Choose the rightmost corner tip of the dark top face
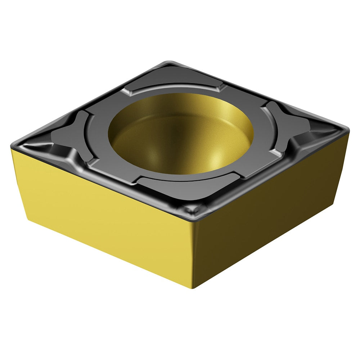tap(348, 128)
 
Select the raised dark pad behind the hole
tap(173, 86)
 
